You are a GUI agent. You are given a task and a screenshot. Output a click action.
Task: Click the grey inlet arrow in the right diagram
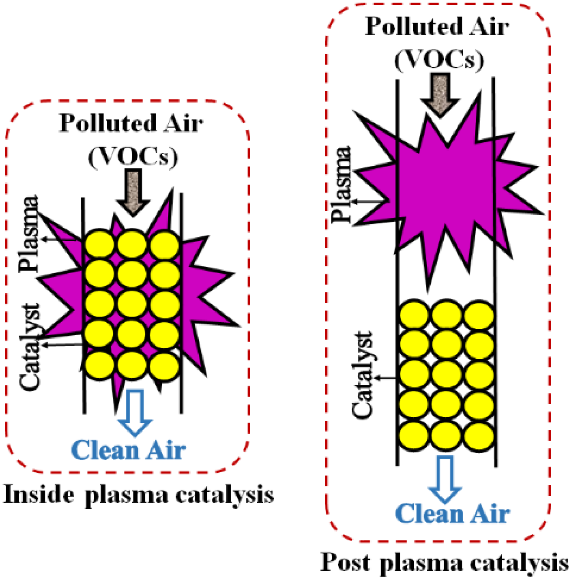(x=440, y=93)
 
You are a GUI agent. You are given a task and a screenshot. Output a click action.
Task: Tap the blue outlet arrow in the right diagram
(x=446, y=478)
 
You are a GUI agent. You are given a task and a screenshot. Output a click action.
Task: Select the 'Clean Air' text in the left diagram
(x=128, y=450)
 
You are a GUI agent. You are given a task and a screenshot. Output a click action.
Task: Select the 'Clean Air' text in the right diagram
(x=453, y=514)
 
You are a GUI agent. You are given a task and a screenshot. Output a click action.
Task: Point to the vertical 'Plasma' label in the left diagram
(x=30, y=234)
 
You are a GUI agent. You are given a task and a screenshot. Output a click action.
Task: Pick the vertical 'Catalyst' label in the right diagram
(x=363, y=374)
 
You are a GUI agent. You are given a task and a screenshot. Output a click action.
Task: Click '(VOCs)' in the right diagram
(x=439, y=60)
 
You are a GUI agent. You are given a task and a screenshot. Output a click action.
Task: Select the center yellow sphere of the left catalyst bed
(x=132, y=304)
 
